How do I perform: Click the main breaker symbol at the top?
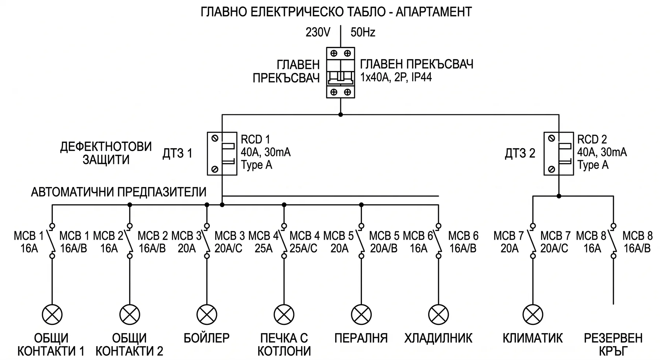(340, 73)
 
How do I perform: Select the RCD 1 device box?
(222, 154)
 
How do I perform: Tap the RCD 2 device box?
(558, 154)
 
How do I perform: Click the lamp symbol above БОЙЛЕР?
(207, 315)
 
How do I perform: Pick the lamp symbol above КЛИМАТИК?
(532, 315)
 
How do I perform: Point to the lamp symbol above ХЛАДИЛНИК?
(439, 315)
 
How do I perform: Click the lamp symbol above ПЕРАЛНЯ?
(361, 315)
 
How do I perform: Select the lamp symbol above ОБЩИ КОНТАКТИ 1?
(52, 315)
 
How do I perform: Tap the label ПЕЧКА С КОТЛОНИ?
(284, 344)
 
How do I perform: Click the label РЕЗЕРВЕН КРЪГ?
(613, 344)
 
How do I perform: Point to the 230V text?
(318, 33)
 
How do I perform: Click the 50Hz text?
(363, 33)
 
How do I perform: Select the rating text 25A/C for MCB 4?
(304, 249)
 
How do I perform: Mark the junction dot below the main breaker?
(341, 115)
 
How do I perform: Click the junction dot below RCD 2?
(559, 196)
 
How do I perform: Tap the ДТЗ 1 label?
(177, 153)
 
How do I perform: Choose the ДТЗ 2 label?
(520, 153)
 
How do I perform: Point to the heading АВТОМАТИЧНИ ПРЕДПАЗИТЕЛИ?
(119, 192)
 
